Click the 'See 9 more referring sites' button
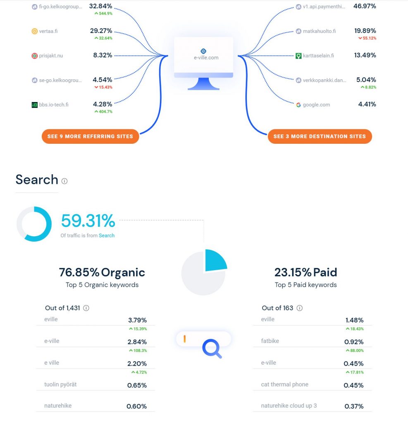90,136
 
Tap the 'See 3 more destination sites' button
320,136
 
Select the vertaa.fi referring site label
48,31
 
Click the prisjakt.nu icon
35,56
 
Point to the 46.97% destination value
365,6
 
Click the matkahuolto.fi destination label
320,31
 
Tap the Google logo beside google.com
298,105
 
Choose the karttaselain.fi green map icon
298,56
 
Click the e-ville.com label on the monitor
206,57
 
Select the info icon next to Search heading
64,181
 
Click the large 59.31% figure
88,221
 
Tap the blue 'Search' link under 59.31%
107,235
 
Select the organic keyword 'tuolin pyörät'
60,385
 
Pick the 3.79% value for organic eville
137,320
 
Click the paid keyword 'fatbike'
270,341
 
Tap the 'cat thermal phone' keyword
285,385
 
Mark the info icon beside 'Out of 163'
300,308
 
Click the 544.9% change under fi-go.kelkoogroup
103,13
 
